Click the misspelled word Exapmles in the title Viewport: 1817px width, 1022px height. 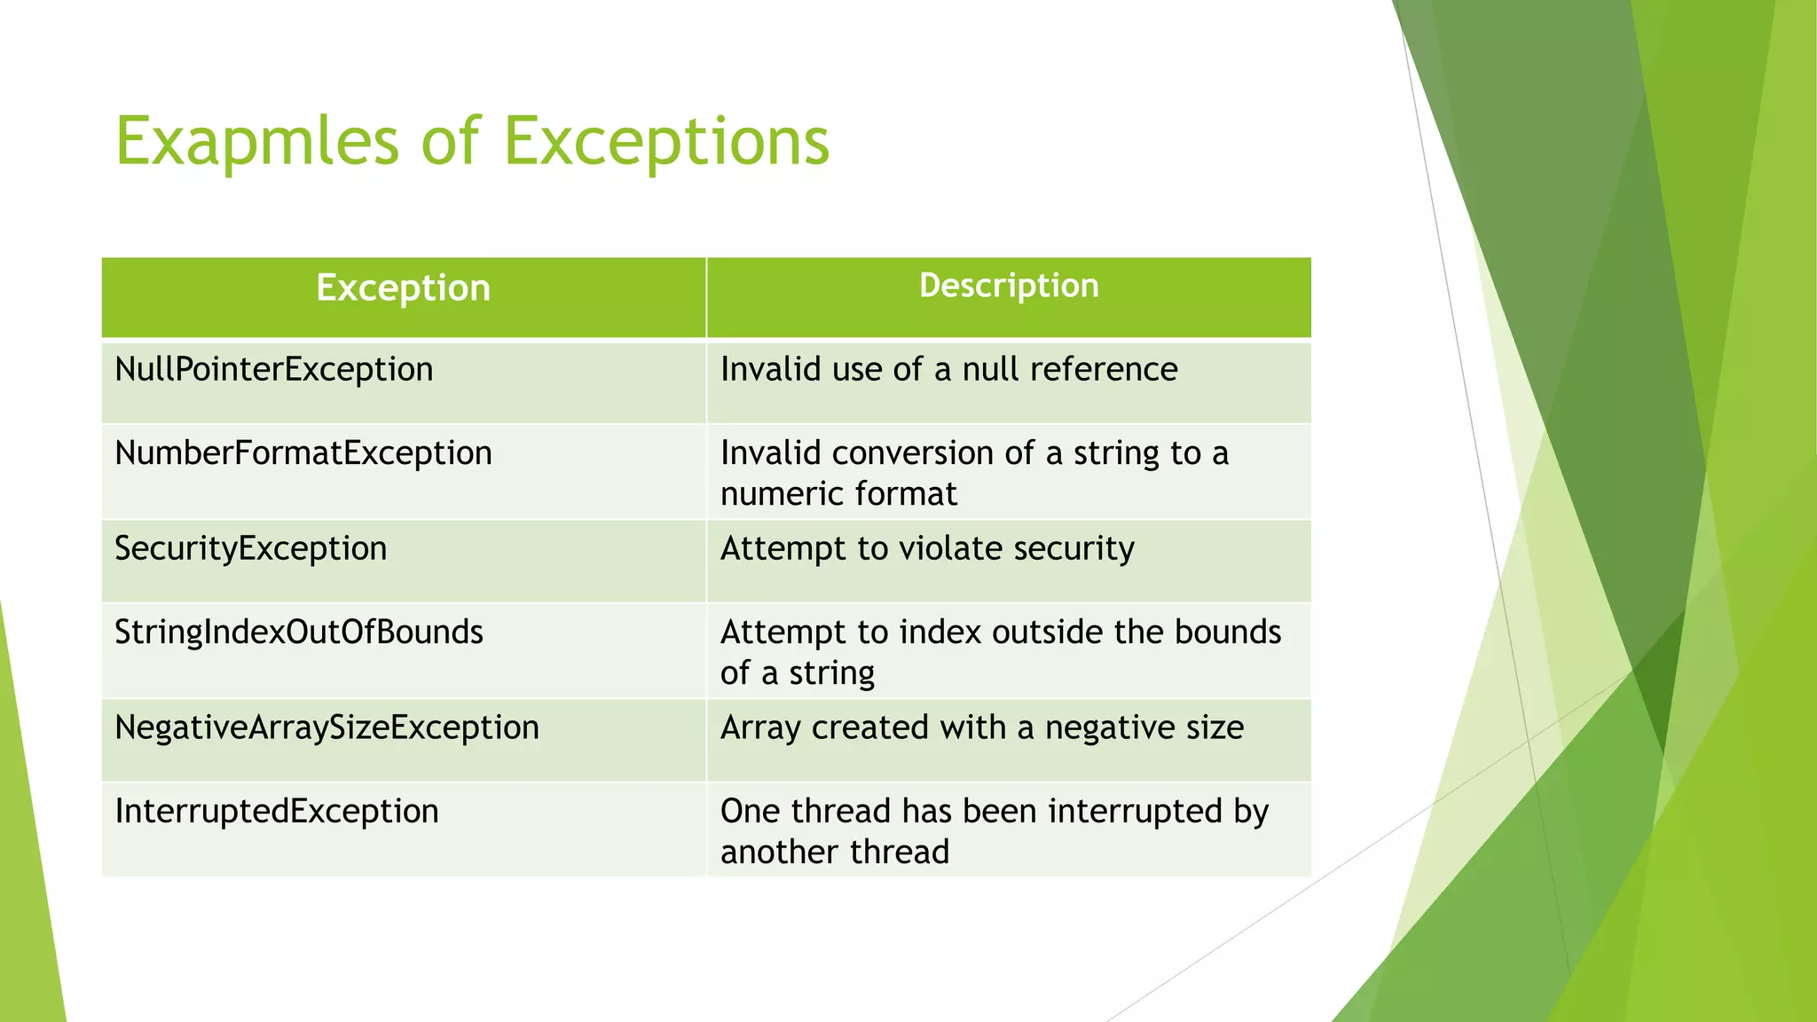[257, 142]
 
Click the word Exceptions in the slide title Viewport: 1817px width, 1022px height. [666, 142]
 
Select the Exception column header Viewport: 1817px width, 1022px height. [403, 288]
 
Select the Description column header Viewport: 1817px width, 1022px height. [1009, 286]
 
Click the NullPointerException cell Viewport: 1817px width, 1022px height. [274, 369]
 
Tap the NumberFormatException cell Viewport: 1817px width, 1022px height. [303, 452]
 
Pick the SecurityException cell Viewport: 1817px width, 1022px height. [251, 548]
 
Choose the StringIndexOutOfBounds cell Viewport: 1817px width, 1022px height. [299, 632]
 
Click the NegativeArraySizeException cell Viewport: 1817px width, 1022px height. [326, 727]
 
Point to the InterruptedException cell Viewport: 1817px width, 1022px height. [277, 811]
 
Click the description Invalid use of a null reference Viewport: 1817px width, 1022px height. [948, 369]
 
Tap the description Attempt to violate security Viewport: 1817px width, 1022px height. [927, 548]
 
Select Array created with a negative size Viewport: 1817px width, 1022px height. [982, 727]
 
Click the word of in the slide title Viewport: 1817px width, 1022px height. [451, 142]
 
